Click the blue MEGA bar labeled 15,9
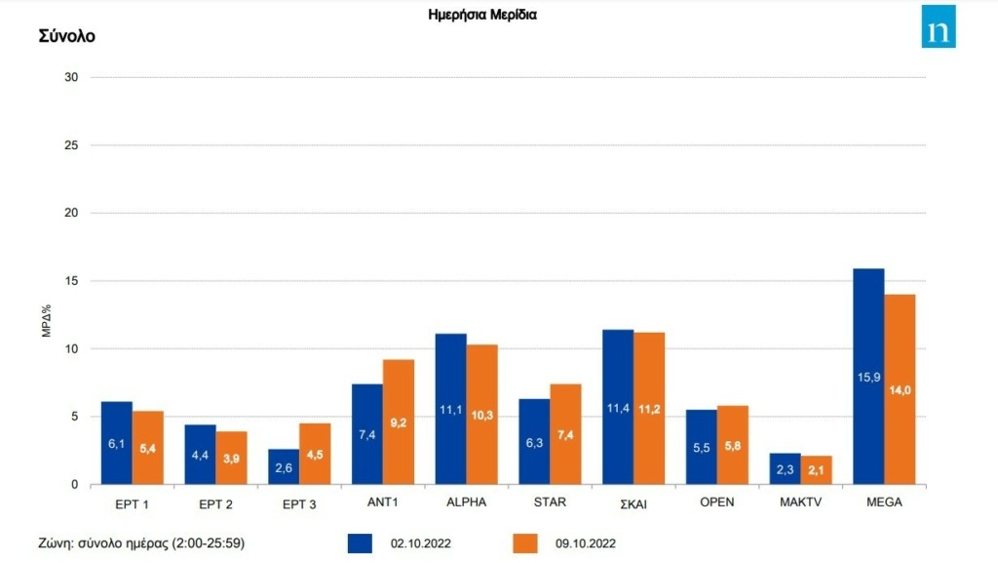868,377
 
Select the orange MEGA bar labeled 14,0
900,389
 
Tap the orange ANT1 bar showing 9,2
399,422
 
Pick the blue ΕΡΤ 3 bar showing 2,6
284,466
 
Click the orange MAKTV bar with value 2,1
816,470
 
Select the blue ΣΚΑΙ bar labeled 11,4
618,407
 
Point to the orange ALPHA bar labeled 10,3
481,415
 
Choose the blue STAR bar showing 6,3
535,442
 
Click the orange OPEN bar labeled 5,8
733,445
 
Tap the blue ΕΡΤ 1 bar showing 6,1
117,443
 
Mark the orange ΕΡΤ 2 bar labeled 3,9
232,458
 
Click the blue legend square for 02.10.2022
360,543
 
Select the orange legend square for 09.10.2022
525,543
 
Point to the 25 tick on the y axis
71,145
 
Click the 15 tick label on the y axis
71,281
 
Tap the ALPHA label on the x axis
467,502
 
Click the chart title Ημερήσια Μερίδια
482,15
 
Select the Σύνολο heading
67,36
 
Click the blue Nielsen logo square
939,26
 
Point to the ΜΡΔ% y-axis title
47,320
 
